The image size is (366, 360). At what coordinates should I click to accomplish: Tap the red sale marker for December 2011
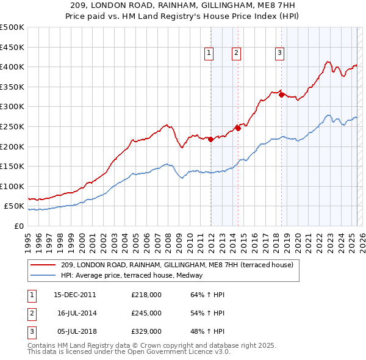pyautogui.click(x=210, y=139)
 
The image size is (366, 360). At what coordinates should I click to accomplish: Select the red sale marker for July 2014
pyautogui.click(x=238, y=128)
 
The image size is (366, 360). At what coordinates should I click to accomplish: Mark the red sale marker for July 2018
pyautogui.click(x=281, y=95)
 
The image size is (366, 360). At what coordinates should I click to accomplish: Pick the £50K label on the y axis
pyautogui.click(x=14, y=206)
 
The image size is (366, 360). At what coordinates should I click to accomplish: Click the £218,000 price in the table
pyautogui.click(x=146, y=295)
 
